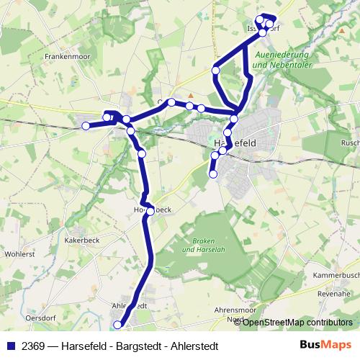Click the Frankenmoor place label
click(x=66, y=55)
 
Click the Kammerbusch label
click(x=336, y=276)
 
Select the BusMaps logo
click(x=326, y=345)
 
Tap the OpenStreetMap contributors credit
click(x=297, y=322)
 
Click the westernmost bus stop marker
click(x=86, y=126)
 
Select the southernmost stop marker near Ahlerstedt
click(x=119, y=325)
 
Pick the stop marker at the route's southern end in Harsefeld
click(x=213, y=173)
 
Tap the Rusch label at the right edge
click(x=350, y=143)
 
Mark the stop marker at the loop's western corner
click(x=215, y=71)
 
